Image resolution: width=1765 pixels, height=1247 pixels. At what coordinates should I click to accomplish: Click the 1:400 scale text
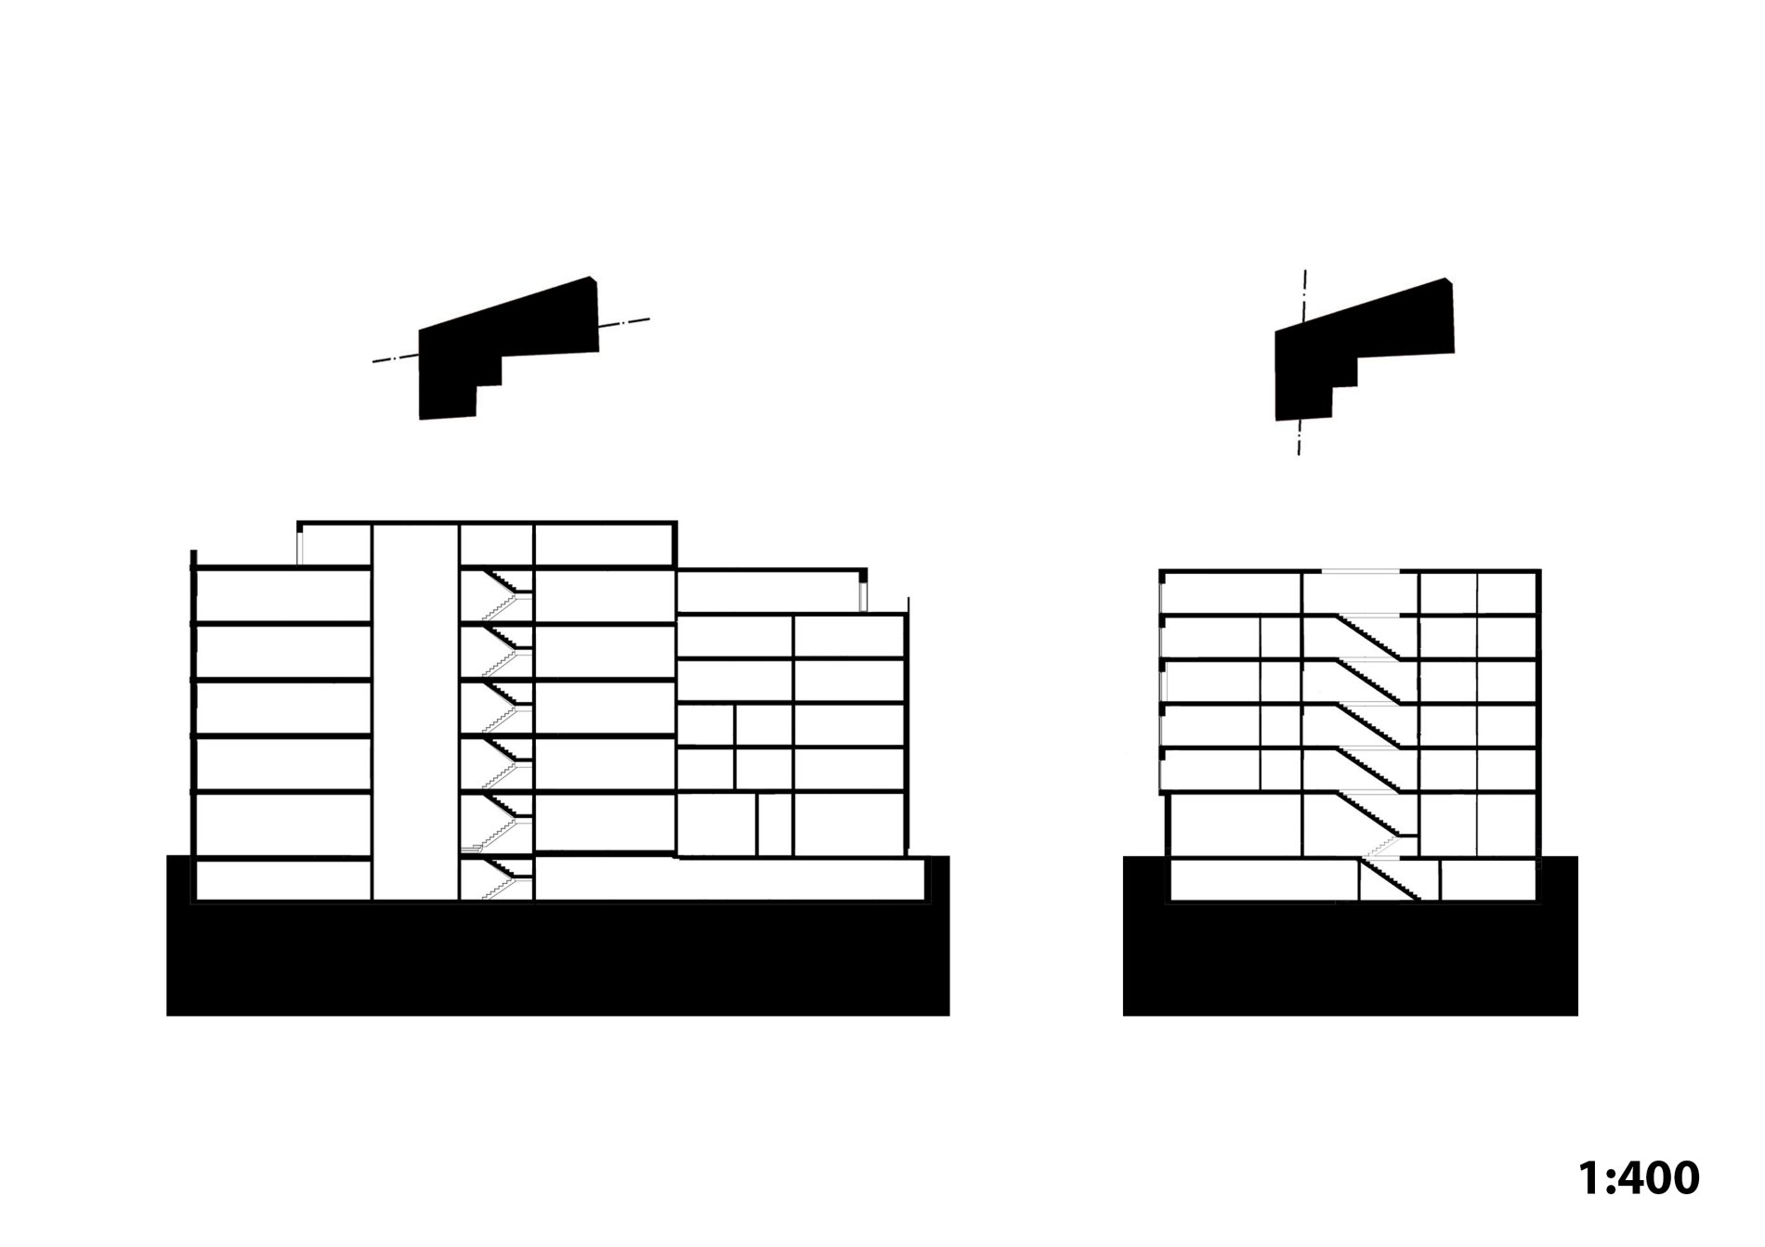(1639, 1176)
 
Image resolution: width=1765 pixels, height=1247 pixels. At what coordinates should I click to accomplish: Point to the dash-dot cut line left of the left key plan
(396, 358)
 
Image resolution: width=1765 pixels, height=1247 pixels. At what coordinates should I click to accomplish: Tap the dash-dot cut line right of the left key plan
(624, 323)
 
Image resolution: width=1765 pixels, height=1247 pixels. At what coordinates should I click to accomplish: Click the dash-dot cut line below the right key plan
(1299, 437)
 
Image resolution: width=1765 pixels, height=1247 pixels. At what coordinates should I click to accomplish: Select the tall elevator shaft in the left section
(415, 711)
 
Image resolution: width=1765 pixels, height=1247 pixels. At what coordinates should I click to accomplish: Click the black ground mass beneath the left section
(557, 956)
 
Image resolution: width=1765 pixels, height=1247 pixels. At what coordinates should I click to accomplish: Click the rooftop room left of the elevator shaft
(335, 544)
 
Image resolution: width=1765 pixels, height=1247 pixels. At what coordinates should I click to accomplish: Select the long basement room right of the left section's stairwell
(730, 879)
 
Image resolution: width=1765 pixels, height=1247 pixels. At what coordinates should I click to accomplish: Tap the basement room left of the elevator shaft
(284, 880)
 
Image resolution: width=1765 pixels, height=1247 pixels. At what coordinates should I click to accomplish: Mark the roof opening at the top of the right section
(1360, 570)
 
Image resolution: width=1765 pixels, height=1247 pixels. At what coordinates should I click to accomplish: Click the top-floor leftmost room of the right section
(1232, 593)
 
